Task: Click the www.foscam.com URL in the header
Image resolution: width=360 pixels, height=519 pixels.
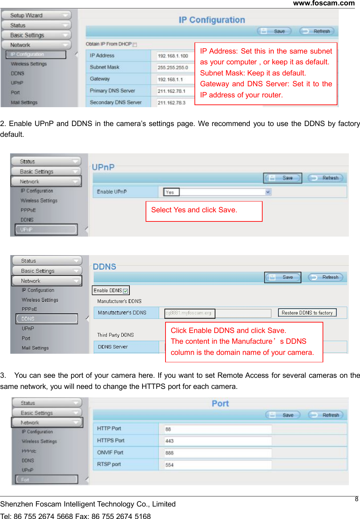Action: pyautogui.click(x=324, y=3)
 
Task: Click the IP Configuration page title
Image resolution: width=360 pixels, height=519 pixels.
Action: pyautogui.click(x=212, y=20)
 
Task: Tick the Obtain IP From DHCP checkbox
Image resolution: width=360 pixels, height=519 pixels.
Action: pyautogui.click(x=135, y=44)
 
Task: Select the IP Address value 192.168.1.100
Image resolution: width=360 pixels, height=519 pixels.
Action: pyautogui.click(x=173, y=56)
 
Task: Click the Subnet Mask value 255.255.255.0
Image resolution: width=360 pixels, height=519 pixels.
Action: pyautogui.click(x=173, y=68)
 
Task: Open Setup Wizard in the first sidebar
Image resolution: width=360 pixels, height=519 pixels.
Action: pyautogui.click(x=36, y=15)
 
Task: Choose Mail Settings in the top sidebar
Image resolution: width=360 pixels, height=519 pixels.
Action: pyautogui.click(x=24, y=102)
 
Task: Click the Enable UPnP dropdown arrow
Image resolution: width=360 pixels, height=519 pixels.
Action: pyautogui.click(x=268, y=192)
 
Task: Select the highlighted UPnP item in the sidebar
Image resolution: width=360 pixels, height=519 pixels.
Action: pyautogui.click(x=46, y=230)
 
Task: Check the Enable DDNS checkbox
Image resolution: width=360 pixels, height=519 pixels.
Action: pyautogui.click(x=125, y=291)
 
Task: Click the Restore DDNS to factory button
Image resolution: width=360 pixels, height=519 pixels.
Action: pyautogui.click(x=307, y=313)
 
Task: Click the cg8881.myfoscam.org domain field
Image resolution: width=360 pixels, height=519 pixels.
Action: pyautogui.click(x=189, y=313)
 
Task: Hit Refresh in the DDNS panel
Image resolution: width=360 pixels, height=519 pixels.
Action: pyautogui.click(x=326, y=277)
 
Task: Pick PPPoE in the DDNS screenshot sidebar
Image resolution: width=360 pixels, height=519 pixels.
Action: pyautogui.click(x=29, y=309)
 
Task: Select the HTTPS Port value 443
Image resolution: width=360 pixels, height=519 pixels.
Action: pyautogui.click(x=170, y=441)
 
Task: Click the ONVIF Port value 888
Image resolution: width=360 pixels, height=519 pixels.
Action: pyautogui.click(x=170, y=453)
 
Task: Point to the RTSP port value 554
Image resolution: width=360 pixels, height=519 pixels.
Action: pyautogui.click(x=170, y=465)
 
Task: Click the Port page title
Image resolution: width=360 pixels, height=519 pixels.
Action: pyautogui.click(x=220, y=403)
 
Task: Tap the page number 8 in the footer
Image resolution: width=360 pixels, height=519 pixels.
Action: pyautogui.click(x=357, y=499)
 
